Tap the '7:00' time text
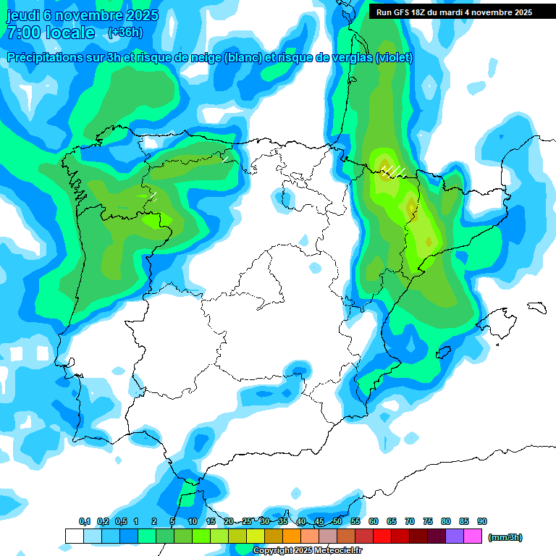(23, 33)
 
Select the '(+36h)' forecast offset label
(125, 33)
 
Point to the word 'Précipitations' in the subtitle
(45, 58)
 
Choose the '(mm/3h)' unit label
(505, 537)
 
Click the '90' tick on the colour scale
(482, 521)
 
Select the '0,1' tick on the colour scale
(84, 521)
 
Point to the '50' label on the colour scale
(337, 521)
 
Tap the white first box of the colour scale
(74, 536)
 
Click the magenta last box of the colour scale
(473, 536)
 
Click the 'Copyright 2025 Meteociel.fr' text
(307, 551)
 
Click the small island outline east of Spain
(536, 307)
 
